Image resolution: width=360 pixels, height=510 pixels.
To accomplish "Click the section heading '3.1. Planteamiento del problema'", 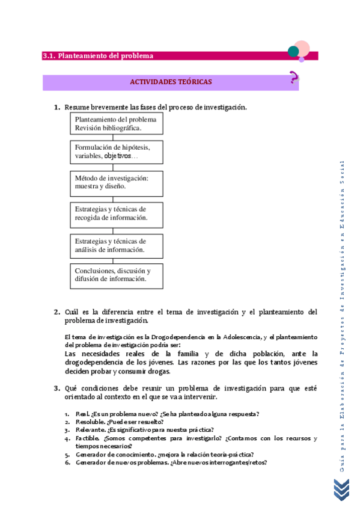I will click(98, 56).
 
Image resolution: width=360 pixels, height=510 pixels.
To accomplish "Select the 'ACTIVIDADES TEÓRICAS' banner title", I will click(171, 82).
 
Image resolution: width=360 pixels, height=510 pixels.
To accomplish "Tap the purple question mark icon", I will click(293, 78).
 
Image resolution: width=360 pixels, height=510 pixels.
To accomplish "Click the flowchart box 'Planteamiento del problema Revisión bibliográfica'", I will click(116, 123).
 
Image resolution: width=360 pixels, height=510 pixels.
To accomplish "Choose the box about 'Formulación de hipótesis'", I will click(116, 151).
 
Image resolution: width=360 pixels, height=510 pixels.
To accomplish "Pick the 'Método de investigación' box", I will click(116, 182).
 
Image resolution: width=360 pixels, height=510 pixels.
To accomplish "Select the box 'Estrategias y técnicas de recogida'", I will click(116, 213).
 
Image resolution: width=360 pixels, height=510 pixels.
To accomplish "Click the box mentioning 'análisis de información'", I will click(116, 245).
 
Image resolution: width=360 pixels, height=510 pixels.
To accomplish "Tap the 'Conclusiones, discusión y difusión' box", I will click(116, 274).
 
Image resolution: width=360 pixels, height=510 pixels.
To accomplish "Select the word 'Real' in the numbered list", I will click(82, 414).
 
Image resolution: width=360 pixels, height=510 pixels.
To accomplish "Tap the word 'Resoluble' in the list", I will click(90, 422).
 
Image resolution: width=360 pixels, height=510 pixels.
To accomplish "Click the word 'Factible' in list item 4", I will click(87, 438).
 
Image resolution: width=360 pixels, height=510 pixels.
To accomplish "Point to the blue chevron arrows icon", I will click(341, 488).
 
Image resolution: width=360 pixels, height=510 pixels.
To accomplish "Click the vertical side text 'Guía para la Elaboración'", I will click(342, 433).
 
